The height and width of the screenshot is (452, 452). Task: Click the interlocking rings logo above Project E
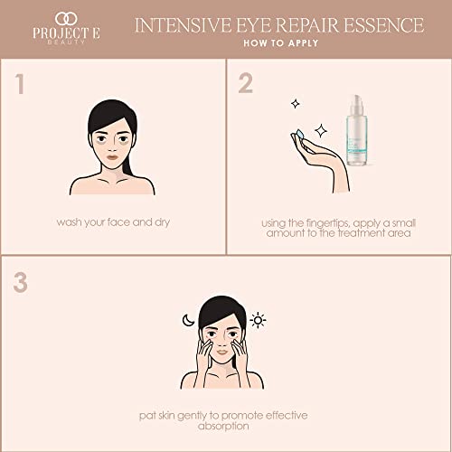click(x=63, y=17)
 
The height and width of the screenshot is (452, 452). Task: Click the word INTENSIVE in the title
click(x=174, y=24)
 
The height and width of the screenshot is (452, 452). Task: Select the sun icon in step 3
click(x=258, y=320)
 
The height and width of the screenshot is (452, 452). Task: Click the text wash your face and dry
click(x=113, y=221)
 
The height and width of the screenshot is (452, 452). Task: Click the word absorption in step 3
click(x=226, y=425)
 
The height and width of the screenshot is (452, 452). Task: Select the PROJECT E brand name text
click(x=63, y=38)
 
